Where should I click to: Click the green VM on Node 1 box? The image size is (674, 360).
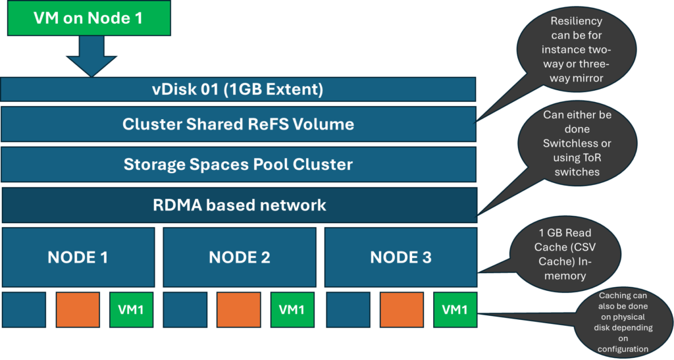coord(88,18)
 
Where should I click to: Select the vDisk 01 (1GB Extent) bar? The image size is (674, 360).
coord(238,90)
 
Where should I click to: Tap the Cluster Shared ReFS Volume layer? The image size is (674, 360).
coord(238,124)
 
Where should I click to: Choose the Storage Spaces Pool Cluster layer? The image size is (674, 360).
coord(238,164)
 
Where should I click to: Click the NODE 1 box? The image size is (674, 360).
coord(78,257)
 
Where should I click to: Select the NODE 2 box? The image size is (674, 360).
coord(239,257)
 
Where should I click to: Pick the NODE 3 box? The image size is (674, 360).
coord(400,257)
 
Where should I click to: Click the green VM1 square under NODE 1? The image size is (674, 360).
coord(132,309)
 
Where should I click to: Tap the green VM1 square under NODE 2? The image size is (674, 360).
coord(292,309)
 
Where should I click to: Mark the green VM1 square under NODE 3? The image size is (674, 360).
coord(455,309)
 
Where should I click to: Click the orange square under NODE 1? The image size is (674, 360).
coord(78,309)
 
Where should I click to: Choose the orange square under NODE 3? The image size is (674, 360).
coord(401,309)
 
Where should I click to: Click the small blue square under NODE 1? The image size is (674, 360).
coord(24,309)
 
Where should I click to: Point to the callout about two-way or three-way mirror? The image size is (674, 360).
coord(576,49)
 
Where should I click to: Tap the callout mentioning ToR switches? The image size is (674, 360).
coord(577,143)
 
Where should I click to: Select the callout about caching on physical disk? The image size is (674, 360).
coord(622,322)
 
